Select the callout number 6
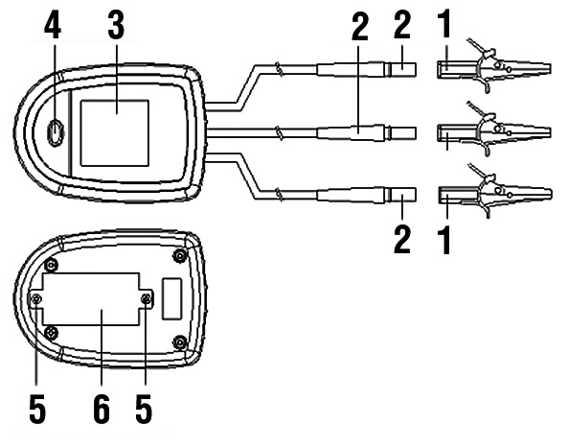point(102,409)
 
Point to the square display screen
point(115,133)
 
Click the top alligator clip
point(493,65)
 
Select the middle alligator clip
point(493,130)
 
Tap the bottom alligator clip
point(493,192)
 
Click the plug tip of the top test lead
point(403,69)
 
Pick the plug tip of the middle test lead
point(403,133)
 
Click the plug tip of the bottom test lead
point(403,195)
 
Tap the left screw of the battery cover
point(36,299)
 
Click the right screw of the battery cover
point(146,299)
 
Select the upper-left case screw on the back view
point(51,265)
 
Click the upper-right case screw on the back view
point(180,256)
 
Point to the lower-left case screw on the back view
point(51,332)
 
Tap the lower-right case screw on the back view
point(180,342)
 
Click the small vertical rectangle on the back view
point(171,299)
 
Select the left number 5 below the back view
point(37,409)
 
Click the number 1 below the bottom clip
point(444,240)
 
